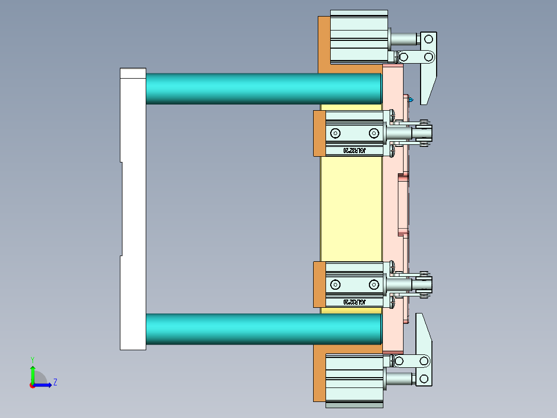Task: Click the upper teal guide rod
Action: tap(264, 88)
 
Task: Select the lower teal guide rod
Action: tap(264, 329)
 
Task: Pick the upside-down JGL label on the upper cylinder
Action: tap(354, 150)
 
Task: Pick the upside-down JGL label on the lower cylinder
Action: tap(354, 301)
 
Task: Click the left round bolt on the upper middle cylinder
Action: tap(336, 133)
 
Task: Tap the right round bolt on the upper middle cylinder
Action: tap(374, 133)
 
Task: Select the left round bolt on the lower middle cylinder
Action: tap(336, 284)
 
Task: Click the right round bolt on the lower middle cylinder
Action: tap(374, 284)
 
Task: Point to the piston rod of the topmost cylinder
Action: tap(404, 39)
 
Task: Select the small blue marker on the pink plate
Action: tap(411, 99)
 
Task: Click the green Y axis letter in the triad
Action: tap(32, 359)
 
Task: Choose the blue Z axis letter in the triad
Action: tap(55, 382)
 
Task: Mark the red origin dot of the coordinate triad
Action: tap(32, 385)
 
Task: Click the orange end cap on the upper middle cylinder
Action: tap(319, 133)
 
